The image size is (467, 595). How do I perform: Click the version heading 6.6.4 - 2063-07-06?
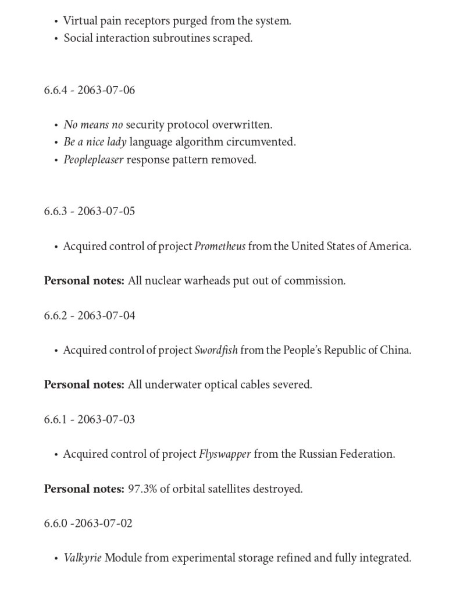tap(89, 90)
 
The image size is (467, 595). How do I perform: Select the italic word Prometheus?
tap(220, 246)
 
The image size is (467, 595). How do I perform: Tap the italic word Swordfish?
tap(216, 350)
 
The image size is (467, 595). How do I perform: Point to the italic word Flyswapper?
tap(225, 454)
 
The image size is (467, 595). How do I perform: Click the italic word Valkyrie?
tap(83, 558)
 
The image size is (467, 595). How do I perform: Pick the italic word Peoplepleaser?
tap(93, 159)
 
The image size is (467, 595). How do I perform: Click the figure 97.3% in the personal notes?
tap(142, 489)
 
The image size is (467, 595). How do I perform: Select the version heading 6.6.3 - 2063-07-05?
tap(89, 211)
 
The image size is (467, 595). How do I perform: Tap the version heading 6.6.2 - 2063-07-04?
tap(89, 315)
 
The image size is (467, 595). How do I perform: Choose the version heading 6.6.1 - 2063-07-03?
tap(89, 419)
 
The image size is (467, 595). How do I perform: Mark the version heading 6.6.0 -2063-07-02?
tap(88, 523)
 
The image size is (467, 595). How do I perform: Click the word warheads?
tap(207, 281)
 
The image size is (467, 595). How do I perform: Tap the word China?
tap(395, 350)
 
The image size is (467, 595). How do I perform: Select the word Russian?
tap(319, 454)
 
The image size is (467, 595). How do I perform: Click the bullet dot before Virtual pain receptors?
tap(56, 22)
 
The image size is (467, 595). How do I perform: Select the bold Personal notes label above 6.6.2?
tap(84, 281)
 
